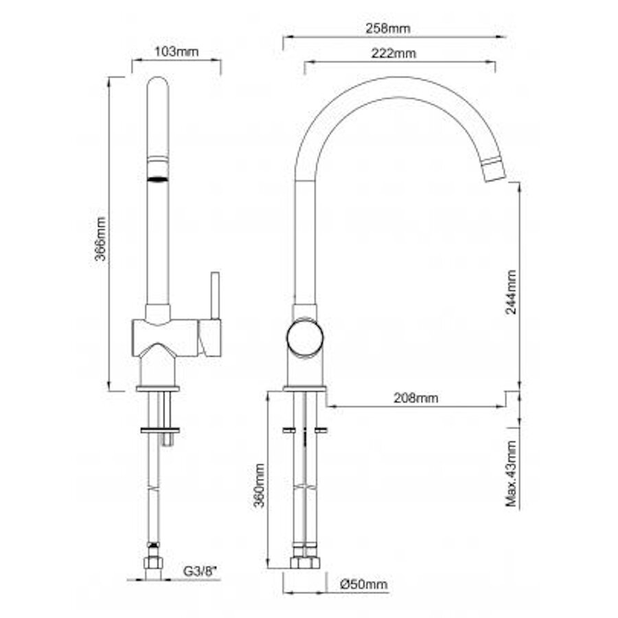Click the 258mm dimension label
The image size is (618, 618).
(388, 28)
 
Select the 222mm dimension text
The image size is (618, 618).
(393, 53)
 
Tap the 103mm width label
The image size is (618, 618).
(176, 51)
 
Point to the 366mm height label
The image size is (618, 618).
(101, 238)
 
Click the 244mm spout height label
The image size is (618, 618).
(511, 292)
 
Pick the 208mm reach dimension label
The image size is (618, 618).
(416, 398)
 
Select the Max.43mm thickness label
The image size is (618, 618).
(511, 473)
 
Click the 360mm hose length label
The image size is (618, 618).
(259, 486)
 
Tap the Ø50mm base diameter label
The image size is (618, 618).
(364, 584)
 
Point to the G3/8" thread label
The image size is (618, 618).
(201, 571)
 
